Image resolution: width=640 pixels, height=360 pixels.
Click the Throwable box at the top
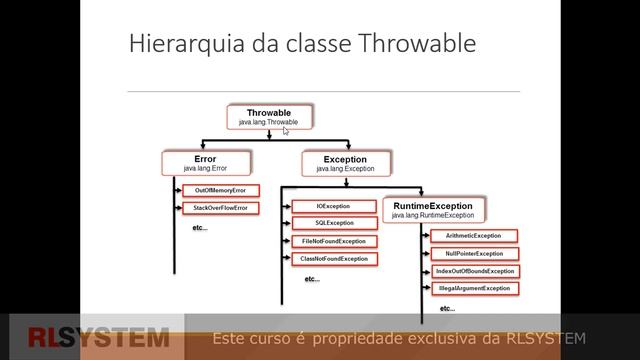click(268, 117)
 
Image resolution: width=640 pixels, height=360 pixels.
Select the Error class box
click(205, 162)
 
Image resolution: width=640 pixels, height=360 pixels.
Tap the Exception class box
click(345, 162)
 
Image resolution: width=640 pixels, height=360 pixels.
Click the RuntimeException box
click(436, 209)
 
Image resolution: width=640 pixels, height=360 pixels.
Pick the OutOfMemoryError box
click(220, 190)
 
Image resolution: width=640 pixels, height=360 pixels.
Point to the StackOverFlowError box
click(220, 208)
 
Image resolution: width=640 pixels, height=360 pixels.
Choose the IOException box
click(334, 206)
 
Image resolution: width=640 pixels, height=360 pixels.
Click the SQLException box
click(334, 223)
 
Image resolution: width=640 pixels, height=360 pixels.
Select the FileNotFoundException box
click(334, 241)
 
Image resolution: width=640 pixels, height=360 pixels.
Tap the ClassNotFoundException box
click(334, 259)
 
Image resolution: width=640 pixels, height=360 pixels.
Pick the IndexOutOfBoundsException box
click(474, 271)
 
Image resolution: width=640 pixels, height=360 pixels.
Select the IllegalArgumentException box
click(474, 288)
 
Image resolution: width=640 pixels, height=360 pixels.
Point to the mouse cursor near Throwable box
click(285, 130)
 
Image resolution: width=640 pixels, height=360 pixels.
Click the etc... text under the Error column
click(198, 228)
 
